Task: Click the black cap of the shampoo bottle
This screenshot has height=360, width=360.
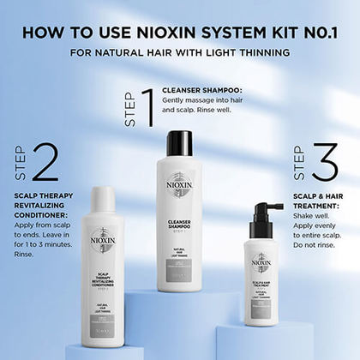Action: coord(179,143)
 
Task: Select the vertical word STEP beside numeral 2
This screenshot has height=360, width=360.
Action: coord(21,164)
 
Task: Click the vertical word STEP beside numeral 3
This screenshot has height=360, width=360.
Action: coord(298,163)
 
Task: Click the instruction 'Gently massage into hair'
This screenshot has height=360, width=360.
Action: coord(208,101)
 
